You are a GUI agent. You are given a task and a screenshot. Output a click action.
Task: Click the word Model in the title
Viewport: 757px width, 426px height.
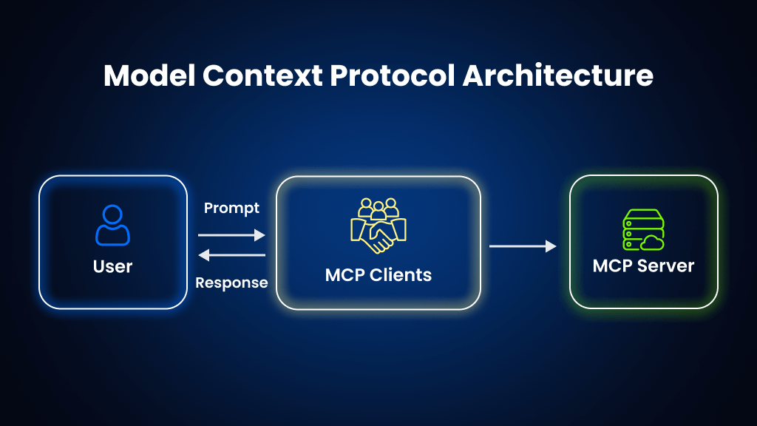pos(148,76)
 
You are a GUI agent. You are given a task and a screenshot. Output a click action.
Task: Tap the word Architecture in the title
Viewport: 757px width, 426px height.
pos(558,76)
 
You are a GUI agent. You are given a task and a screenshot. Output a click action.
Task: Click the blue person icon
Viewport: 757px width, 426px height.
pos(112,226)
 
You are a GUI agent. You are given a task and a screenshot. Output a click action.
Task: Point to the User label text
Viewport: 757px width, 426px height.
pos(112,266)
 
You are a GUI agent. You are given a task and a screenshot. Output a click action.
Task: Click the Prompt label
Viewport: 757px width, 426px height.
pos(231,209)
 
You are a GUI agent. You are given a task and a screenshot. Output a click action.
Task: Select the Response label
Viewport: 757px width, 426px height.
pos(231,283)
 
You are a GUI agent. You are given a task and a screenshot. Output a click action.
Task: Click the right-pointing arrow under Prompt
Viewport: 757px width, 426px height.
pos(231,235)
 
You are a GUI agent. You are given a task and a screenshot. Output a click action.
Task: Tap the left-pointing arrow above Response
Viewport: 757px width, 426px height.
pos(231,255)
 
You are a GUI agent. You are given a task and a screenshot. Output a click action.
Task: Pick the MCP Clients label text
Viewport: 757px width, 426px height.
pos(378,275)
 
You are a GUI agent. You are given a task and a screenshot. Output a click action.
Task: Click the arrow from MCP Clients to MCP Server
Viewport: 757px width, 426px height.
pos(523,246)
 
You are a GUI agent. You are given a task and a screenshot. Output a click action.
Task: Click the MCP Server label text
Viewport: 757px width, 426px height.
pos(643,266)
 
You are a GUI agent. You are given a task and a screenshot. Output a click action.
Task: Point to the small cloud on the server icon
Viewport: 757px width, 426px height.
pos(654,242)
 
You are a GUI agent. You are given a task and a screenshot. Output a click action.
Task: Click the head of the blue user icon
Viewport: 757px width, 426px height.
pos(112,215)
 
